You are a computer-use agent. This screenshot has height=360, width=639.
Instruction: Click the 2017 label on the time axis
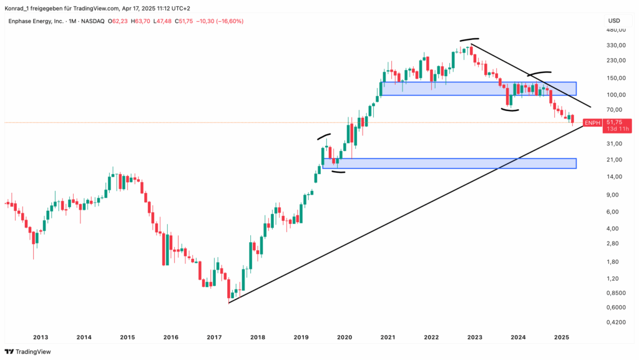tap(214, 338)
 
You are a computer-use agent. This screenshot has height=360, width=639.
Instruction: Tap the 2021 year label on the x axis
tap(388, 338)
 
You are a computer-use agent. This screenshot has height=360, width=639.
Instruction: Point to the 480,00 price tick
tap(617, 31)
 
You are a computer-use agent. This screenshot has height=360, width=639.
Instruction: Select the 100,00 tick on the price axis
tap(617, 95)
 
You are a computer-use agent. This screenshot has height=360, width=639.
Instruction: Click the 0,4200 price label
tap(617, 323)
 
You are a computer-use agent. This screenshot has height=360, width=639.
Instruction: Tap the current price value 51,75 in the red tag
tap(614, 122)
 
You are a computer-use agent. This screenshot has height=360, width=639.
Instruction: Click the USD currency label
tap(614, 21)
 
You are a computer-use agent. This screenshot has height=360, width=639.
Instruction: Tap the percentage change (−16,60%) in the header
tap(228, 21)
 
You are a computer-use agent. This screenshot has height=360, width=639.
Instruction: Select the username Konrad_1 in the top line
tap(18, 7)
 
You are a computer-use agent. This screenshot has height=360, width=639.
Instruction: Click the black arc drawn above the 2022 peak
tap(470, 40)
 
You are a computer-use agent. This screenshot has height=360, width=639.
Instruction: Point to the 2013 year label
tap(41, 338)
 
